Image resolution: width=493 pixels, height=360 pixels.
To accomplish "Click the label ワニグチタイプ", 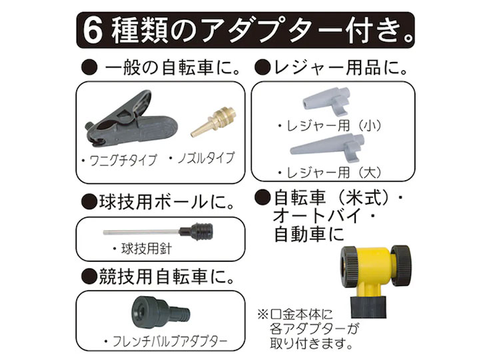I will click(117, 161).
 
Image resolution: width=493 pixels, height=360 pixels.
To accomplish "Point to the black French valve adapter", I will click(153, 313).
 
